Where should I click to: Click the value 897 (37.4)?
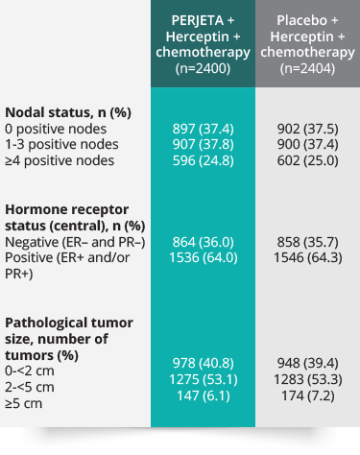pos(203,129)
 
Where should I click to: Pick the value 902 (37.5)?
pos(307,129)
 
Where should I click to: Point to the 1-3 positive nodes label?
pos(62,145)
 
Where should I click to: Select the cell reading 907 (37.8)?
pos(203,145)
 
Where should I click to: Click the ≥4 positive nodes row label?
pos(60,161)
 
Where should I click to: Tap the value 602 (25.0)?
pos(307,161)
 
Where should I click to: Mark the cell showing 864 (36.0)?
pos(203,242)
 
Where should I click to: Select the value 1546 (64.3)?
pos(307,258)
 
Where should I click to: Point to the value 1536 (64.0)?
pos(203,258)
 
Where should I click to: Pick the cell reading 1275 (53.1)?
pos(203,388)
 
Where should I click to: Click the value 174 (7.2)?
pos(307,404)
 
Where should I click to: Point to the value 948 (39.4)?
pos(307,371)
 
